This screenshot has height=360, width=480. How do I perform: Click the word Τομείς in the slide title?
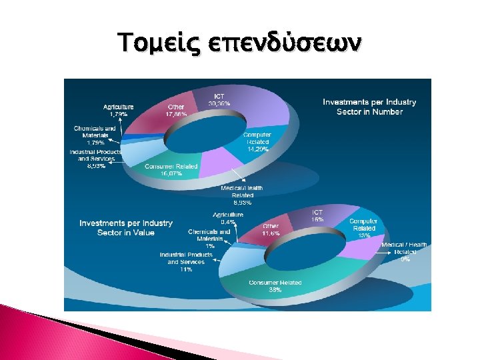150,43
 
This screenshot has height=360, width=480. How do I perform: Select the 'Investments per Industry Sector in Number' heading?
369,107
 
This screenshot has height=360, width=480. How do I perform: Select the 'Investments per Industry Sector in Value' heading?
126,227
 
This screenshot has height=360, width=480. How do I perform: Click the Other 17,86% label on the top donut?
176,110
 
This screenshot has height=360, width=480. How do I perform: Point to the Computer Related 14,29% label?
257,141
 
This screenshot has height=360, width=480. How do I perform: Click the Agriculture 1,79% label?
118,111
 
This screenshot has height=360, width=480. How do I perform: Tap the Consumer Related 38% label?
275,286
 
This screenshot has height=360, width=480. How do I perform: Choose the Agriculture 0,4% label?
227,218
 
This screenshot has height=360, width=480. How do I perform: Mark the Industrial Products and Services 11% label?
185,262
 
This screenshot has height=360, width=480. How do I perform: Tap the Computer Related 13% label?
363,228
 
